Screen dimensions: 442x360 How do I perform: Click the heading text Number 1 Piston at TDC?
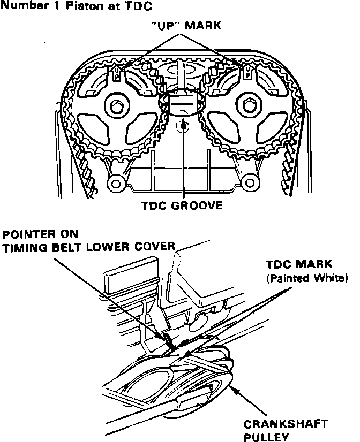point(70,6)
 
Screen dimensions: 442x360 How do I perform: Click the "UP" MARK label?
point(181,27)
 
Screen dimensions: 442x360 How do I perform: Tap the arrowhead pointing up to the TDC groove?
point(184,124)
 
